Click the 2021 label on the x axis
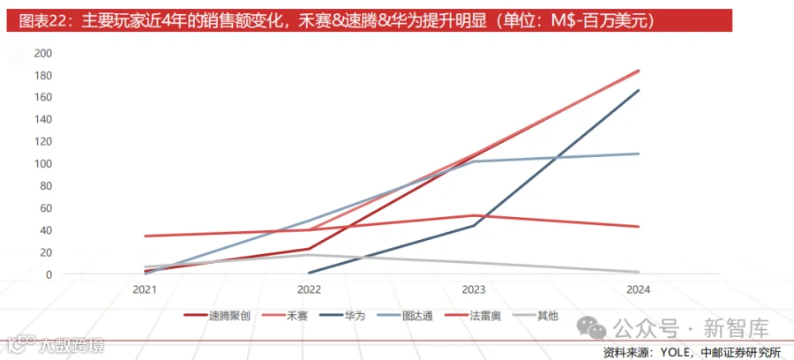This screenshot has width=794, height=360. tap(145, 290)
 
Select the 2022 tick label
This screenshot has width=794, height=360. tap(309, 290)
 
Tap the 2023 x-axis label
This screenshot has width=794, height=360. tap(474, 290)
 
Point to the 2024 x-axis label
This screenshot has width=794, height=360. tap(638, 290)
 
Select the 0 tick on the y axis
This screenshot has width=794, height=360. tap(50, 274)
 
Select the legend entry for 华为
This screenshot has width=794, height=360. tap(342, 317)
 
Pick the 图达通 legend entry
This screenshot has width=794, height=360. tap(405, 317)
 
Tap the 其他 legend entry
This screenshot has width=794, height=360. tap(536, 317)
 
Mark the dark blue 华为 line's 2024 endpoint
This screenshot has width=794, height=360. tap(639, 90)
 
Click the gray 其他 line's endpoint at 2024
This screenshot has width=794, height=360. tap(639, 273)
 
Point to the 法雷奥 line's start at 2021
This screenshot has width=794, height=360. tap(146, 236)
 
